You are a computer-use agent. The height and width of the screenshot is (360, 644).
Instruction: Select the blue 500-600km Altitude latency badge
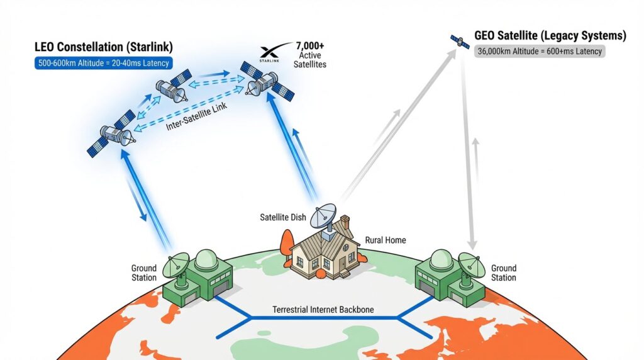pyautogui.click(x=104, y=63)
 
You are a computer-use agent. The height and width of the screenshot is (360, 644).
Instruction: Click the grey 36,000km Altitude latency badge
pyautogui.click(x=540, y=52)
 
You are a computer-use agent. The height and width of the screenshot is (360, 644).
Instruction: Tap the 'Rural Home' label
pyautogui.click(x=386, y=240)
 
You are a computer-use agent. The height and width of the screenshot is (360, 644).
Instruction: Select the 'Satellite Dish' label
pyautogui.click(x=283, y=218)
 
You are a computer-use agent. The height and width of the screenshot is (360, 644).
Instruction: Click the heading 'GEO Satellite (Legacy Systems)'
pyautogui.click(x=550, y=36)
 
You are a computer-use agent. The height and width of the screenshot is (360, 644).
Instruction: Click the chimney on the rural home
pyautogui.click(x=344, y=225)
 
